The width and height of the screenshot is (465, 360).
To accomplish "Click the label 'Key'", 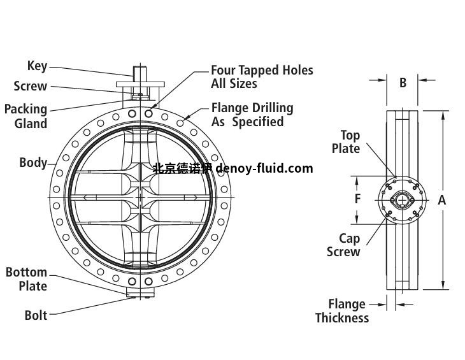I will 37,66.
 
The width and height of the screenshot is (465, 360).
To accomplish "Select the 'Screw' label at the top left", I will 30,86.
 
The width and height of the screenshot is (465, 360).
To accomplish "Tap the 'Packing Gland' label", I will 25,116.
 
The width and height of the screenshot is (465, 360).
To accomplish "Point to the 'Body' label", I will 32,162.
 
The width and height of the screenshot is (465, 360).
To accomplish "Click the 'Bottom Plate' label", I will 26,279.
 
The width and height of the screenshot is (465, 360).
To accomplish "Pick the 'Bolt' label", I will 36,315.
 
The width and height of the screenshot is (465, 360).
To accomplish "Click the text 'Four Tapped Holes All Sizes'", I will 262,76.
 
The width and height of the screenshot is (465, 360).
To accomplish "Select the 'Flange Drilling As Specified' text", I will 252,115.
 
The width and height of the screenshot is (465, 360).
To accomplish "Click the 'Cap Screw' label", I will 344,245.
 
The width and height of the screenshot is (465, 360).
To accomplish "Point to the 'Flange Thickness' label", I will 342,311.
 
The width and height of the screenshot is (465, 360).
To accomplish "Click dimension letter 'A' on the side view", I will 441,200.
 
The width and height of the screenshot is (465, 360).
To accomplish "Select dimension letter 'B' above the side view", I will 403,82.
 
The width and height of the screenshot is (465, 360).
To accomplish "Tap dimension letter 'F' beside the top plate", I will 358,199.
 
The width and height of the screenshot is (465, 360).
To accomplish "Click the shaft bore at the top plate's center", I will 403,200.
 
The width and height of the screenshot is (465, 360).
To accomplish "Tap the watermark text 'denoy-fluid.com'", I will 265,168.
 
